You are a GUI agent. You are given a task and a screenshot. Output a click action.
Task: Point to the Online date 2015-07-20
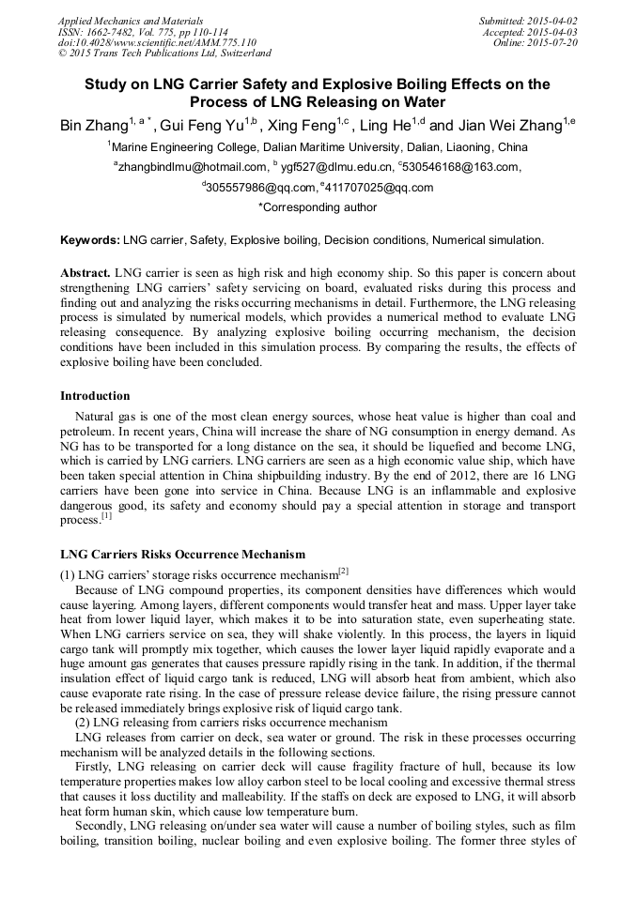click(x=553, y=42)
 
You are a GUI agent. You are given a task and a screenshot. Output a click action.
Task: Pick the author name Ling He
click(x=386, y=125)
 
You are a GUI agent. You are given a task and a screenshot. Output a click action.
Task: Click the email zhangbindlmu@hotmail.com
click(x=193, y=167)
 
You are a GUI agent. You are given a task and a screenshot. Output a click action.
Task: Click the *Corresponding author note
click(x=318, y=207)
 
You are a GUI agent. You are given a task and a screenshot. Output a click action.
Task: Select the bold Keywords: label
click(x=90, y=241)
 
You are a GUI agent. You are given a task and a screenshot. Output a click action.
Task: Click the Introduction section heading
click(x=95, y=395)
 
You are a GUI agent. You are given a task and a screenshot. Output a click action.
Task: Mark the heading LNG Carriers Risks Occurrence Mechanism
click(x=182, y=555)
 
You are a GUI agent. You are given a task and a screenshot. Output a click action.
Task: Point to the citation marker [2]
click(x=344, y=572)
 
